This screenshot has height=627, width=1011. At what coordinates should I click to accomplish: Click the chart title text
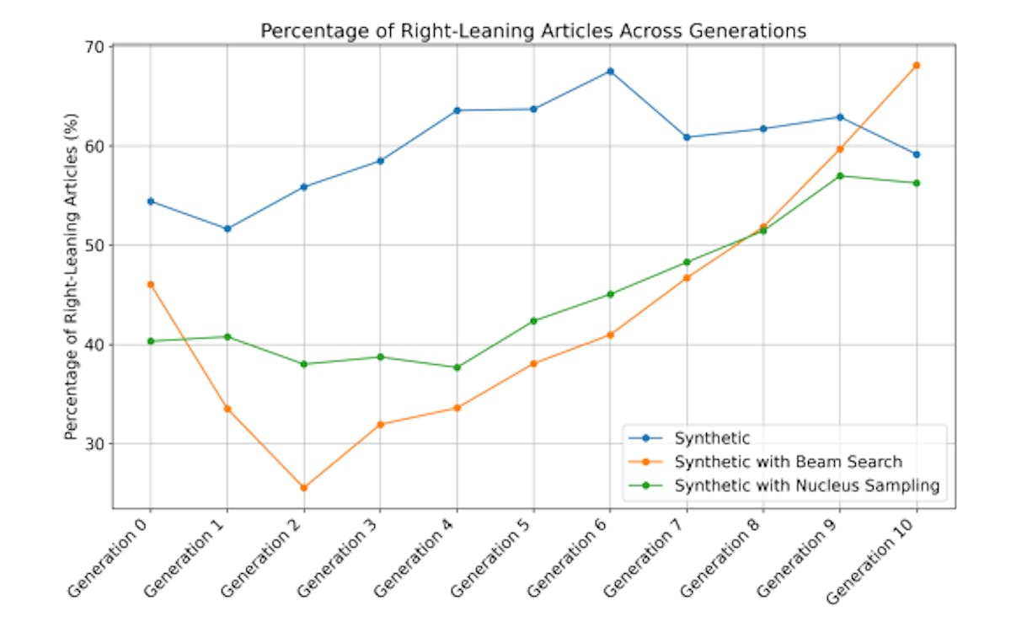(533, 30)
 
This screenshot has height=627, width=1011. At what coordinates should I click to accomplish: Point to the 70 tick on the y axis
(94, 47)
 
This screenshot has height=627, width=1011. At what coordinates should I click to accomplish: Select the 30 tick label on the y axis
(94, 444)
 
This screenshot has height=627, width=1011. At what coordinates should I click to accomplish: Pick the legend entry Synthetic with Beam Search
(788, 462)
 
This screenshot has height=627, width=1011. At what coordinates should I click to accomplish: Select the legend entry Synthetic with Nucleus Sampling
(806, 485)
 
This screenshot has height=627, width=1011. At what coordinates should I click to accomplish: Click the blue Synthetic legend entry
(712, 438)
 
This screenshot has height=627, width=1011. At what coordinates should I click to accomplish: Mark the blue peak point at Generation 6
(610, 72)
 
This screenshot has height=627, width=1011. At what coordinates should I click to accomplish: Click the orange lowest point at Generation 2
(303, 487)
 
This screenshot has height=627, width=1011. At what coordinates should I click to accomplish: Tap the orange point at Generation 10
(916, 65)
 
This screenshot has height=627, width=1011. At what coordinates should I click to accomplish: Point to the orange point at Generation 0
(150, 284)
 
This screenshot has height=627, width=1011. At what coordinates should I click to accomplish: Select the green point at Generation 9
(839, 176)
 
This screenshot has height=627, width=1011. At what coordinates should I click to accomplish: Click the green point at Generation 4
(457, 367)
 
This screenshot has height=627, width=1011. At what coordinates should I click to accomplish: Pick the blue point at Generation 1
(227, 228)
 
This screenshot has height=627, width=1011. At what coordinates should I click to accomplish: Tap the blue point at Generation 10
(916, 154)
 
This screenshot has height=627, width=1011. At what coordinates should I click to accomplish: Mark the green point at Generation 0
(150, 341)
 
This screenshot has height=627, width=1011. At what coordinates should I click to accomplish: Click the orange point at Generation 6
(610, 335)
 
